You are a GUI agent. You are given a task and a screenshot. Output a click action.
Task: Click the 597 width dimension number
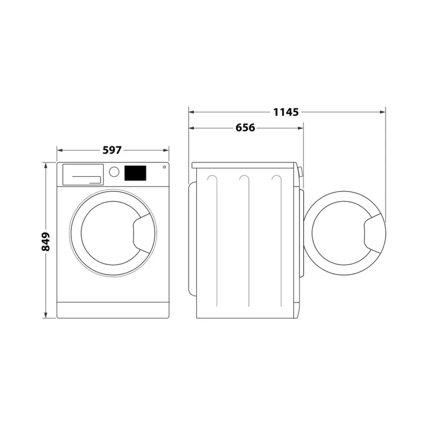(x=112, y=150)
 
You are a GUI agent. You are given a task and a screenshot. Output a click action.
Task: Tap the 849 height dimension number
(x=45, y=241)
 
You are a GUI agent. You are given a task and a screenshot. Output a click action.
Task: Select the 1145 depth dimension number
(x=286, y=112)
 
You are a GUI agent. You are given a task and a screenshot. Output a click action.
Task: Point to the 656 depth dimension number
(x=245, y=127)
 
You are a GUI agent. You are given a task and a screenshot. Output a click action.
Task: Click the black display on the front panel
(x=135, y=173)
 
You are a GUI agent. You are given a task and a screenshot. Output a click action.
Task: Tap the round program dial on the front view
(x=114, y=172)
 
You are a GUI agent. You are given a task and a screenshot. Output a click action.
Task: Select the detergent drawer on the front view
(x=82, y=175)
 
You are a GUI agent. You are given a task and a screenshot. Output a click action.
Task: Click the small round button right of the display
(x=164, y=167)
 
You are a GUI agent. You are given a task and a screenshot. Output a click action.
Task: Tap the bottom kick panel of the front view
(x=113, y=310)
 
